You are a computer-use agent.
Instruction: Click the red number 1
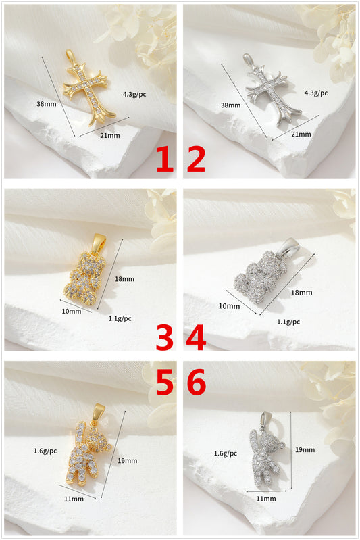point(164,159)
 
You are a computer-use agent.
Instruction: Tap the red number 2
point(196,159)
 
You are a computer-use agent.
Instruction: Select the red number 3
point(165,338)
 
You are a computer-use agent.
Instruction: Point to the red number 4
point(196,338)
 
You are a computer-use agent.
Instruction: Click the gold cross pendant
point(88,91)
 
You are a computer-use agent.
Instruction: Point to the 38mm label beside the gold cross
point(47,103)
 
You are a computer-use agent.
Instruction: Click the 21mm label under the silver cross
point(301,134)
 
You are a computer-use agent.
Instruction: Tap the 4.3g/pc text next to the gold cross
point(134,94)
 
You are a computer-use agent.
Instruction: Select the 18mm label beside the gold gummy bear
point(124,279)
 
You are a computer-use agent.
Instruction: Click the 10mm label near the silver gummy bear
point(229,305)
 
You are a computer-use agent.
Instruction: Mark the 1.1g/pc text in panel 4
point(288,322)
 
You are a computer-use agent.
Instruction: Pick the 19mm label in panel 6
point(305,449)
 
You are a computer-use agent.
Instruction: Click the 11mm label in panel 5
point(74,499)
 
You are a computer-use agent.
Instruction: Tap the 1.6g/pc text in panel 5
point(45,451)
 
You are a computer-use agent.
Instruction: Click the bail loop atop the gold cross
point(70,56)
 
